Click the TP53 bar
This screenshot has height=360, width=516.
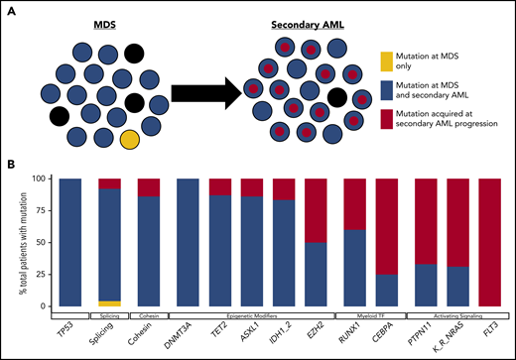pyautogui.click(x=71, y=242)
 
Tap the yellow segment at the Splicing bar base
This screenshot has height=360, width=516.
pyautogui.click(x=111, y=302)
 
